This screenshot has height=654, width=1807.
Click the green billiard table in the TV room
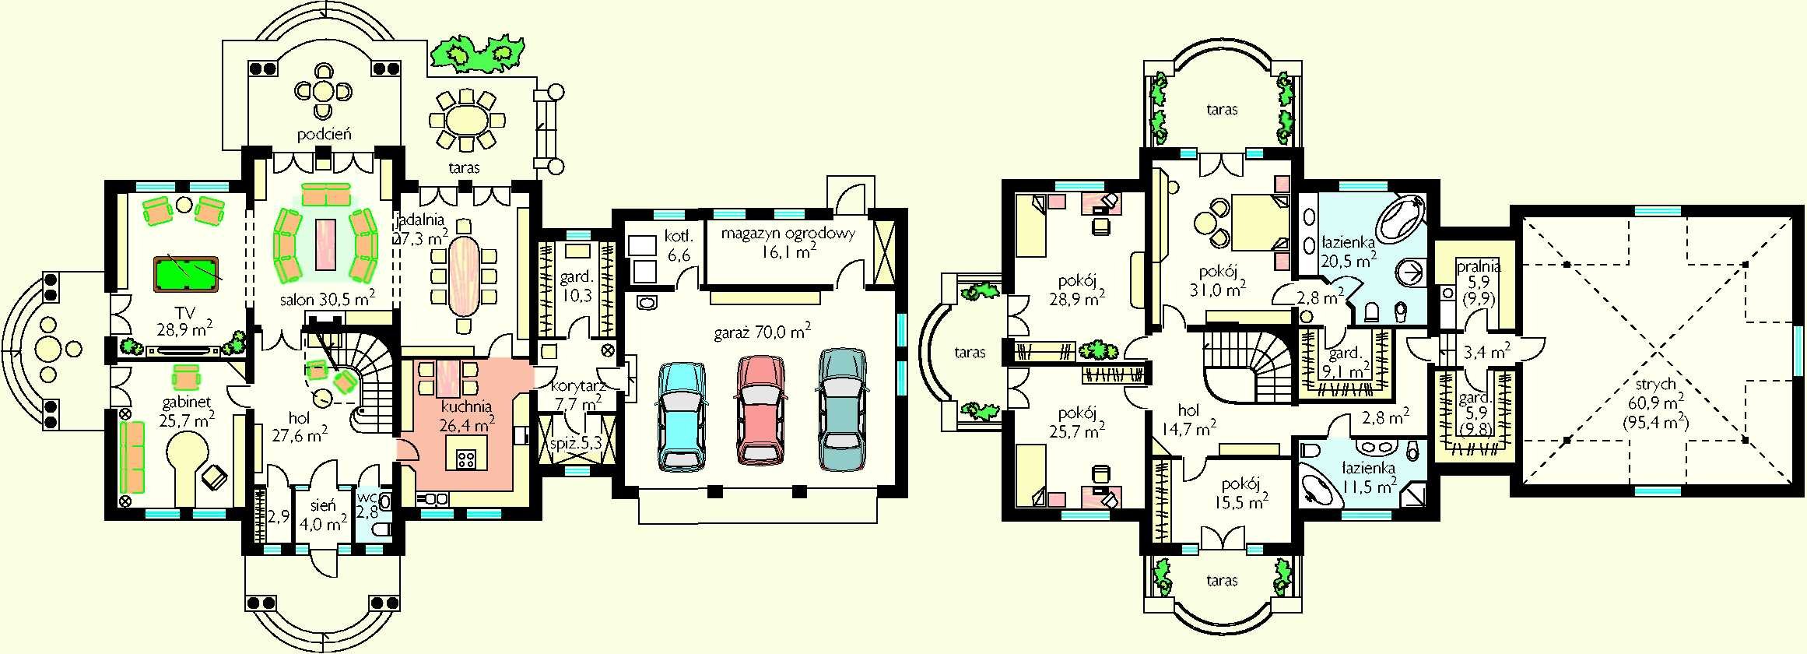[x=186, y=272]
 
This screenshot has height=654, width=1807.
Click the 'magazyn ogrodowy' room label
[x=788, y=233]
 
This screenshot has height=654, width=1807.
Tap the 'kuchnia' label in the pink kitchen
[x=466, y=406]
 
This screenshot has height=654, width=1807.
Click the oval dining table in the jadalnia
[x=465, y=275]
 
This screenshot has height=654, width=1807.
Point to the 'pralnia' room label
[x=1479, y=266]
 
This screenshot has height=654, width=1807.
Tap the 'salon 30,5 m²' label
[x=328, y=298]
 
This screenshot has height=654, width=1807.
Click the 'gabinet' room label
[x=187, y=403]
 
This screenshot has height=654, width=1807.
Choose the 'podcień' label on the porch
[x=324, y=134]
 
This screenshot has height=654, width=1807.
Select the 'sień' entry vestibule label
[x=322, y=505]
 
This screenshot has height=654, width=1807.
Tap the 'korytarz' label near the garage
[x=578, y=386]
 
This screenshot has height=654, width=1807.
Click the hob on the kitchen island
[x=465, y=459]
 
